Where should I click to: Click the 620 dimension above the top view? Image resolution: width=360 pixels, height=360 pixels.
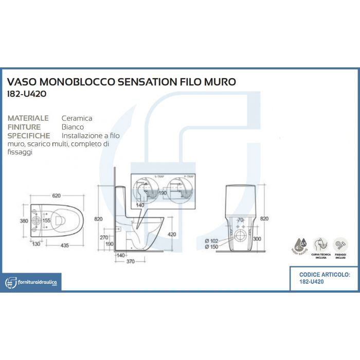click(x=56, y=196)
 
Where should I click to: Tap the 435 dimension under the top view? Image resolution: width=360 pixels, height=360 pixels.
click(x=64, y=245)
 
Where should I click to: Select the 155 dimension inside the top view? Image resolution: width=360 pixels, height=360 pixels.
click(x=46, y=221)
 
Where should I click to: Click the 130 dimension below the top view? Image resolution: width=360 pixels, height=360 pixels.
click(x=36, y=245)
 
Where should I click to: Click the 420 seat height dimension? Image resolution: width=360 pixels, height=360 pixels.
click(x=172, y=235)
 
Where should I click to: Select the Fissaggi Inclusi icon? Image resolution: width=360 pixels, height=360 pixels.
click(x=340, y=244)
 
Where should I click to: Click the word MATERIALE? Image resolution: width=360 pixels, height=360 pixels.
click(x=28, y=118)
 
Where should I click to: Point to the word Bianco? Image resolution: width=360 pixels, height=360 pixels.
click(x=73, y=127)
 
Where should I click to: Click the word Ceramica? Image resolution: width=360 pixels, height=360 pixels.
click(x=77, y=118)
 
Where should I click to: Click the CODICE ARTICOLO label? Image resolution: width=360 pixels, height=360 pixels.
click(x=324, y=275)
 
